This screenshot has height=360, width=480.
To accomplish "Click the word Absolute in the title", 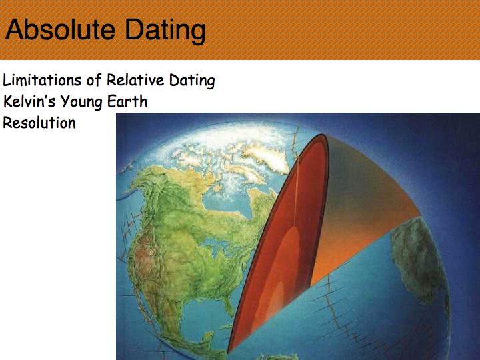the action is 60,29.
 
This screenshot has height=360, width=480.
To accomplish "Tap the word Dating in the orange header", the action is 165,31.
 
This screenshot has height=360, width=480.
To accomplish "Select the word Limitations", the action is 42,80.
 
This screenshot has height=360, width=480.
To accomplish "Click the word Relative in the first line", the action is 135,80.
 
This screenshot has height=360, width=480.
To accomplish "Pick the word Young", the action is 81,102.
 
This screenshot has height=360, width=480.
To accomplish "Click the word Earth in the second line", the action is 127,101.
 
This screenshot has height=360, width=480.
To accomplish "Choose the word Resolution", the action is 39,123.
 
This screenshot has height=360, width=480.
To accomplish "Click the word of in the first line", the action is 94,79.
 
